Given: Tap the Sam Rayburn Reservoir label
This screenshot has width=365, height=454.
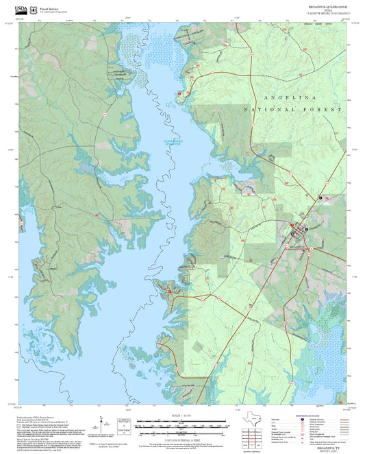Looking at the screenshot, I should click(171, 142).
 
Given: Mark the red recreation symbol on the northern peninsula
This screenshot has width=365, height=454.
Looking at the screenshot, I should click(180, 93).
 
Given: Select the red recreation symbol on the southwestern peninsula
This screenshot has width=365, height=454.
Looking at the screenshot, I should click(170, 291).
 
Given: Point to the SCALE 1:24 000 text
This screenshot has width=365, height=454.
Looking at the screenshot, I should click(182, 416).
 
